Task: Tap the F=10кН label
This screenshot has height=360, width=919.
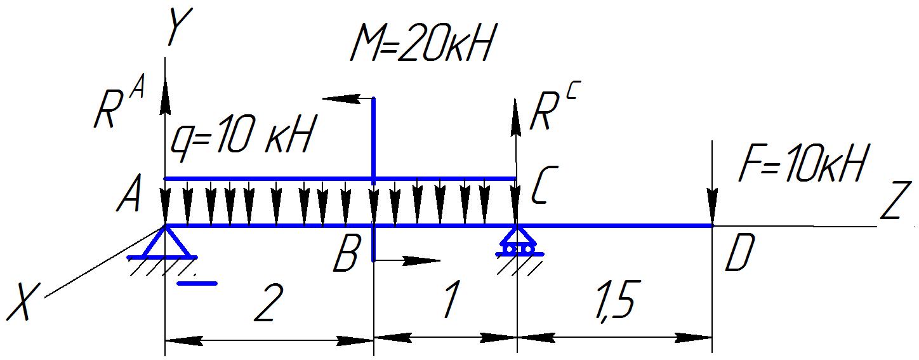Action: point(802,164)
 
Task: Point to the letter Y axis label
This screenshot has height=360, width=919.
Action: point(178,29)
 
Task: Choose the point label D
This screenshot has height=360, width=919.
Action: point(739,253)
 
